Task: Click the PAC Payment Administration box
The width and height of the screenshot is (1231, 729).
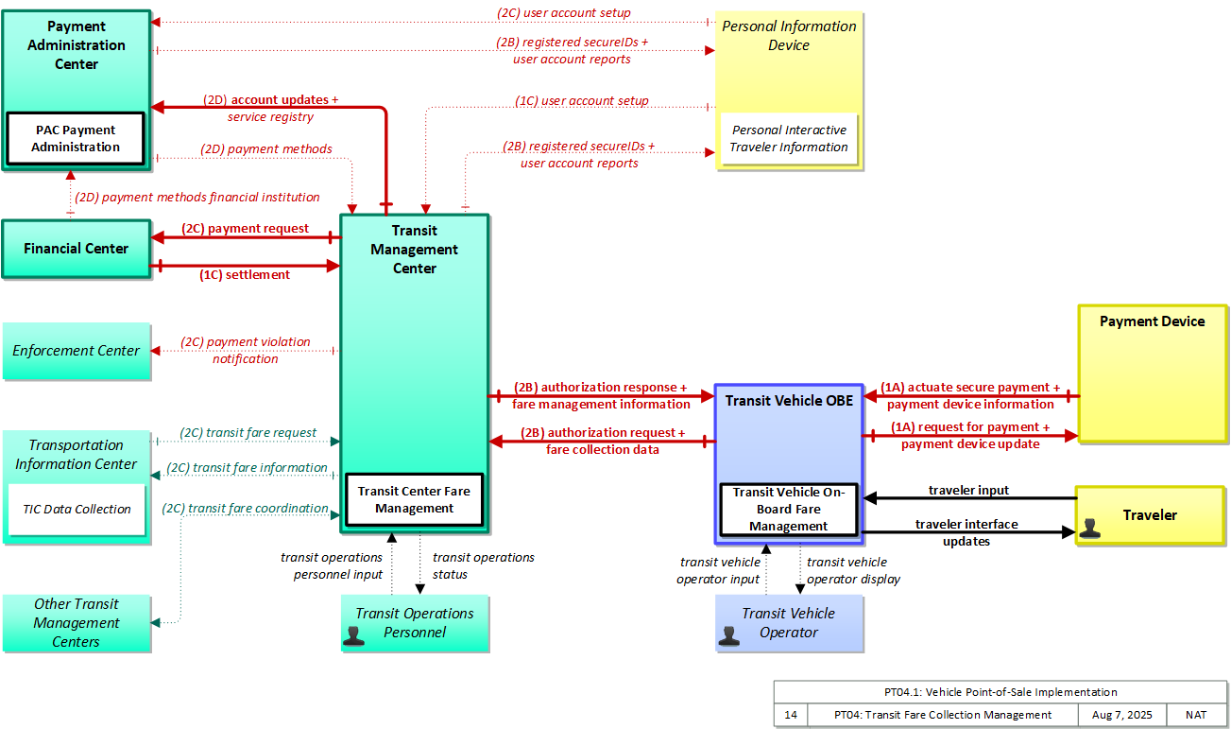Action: click(76, 139)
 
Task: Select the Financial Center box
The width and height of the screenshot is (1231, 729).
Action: click(77, 249)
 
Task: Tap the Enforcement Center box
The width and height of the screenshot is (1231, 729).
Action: click(77, 351)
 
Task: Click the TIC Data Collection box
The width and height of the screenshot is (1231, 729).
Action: click(77, 510)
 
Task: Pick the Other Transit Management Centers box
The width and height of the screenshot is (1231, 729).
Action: click(77, 623)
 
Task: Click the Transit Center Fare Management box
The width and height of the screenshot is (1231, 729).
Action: click(415, 499)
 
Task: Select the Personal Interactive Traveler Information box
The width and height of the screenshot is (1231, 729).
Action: click(789, 139)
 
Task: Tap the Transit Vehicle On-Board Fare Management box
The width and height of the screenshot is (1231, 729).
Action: click(789, 510)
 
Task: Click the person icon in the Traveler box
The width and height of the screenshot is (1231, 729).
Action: click(1090, 529)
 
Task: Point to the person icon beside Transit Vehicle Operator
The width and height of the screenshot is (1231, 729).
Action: click(728, 635)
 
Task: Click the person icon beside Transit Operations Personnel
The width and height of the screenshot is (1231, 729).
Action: click(353, 635)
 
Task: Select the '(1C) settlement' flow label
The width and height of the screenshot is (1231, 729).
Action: click(245, 274)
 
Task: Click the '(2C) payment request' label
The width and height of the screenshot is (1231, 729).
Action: click(245, 228)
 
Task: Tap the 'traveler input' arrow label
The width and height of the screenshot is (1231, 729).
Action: click(969, 490)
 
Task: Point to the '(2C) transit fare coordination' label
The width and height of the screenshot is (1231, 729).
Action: click(245, 509)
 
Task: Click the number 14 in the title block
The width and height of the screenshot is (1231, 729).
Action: click(791, 715)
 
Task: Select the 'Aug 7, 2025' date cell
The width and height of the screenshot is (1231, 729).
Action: click(1122, 715)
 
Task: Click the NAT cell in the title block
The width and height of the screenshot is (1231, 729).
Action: click(1196, 715)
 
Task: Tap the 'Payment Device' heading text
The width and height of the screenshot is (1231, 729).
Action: click(1152, 321)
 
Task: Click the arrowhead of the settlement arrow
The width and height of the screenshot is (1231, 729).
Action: click(333, 266)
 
